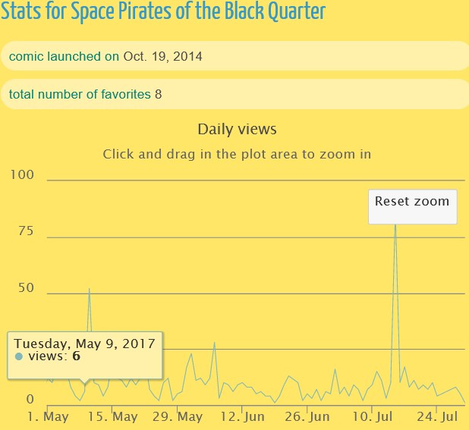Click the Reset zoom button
click(412, 202)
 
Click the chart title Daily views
click(237, 130)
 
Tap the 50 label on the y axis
click(26, 288)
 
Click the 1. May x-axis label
click(48, 417)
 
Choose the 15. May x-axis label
click(112, 417)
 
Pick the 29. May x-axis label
click(178, 417)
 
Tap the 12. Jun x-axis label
click(242, 417)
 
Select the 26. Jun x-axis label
click(307, 417)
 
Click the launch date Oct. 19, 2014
click(163, 56)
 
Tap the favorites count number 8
click(158, 94)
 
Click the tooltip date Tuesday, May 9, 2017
click(84, 343)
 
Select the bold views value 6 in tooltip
click(77, 356)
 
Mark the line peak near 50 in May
click(89, 289)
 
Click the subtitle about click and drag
click(237, 154)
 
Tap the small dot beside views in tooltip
click(18, 356)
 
